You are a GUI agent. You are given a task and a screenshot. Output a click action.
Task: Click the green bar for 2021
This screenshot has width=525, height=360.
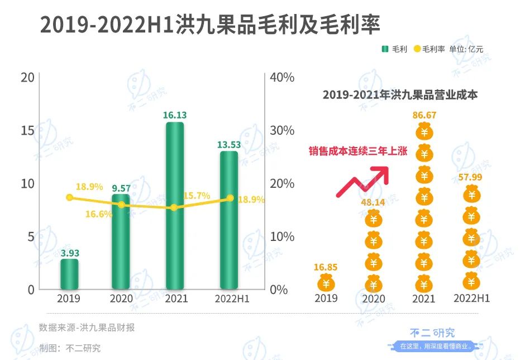coord(174,205)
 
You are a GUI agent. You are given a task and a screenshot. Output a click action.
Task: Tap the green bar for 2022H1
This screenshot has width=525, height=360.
coord(229,220)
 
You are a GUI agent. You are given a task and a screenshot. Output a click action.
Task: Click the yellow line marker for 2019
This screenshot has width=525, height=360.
coord(69,197)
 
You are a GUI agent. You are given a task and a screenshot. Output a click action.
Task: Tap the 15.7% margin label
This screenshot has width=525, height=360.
coord(196,196)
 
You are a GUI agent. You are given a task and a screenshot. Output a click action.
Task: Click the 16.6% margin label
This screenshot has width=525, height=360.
coord(99,214)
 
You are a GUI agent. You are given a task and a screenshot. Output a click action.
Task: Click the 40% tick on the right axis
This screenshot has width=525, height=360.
coord(281,78)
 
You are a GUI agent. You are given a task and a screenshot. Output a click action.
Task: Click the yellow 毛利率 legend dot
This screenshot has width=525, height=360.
coord(417,49)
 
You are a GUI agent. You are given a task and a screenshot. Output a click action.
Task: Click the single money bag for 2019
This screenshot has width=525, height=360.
coord(326,283)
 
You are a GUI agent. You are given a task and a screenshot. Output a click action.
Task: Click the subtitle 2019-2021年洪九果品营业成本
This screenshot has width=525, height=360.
coord(400,95)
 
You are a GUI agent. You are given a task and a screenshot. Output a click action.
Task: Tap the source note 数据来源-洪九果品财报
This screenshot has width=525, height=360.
coord(87,328)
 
